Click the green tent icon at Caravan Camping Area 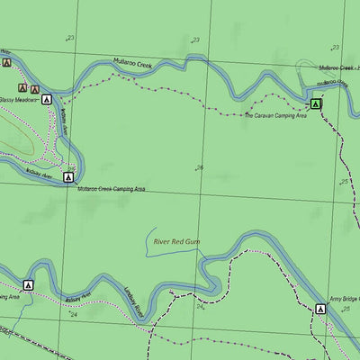pos(315,104)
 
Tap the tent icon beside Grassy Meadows pos(46,100)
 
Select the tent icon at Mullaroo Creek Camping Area pos(68,178)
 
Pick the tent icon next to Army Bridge pos(320,309)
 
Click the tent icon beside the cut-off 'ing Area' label pos(28,285)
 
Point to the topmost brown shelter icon pos(7,63)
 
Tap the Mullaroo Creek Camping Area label pos(111,190)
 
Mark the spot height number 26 pos(199,167)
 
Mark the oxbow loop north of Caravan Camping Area pos(305,67)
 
